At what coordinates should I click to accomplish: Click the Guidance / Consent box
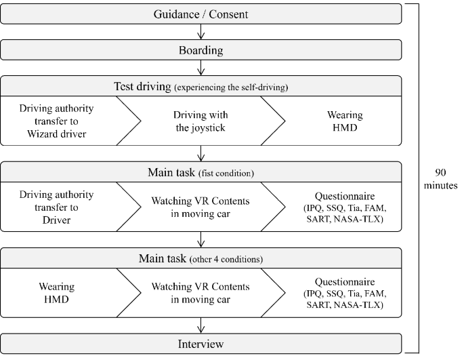201,14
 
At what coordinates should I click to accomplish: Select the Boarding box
201,49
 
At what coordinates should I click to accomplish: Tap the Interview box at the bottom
201,344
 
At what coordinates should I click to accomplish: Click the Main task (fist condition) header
201,172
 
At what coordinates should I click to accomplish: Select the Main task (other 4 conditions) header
201,259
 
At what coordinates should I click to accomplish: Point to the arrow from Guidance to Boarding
201,31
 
